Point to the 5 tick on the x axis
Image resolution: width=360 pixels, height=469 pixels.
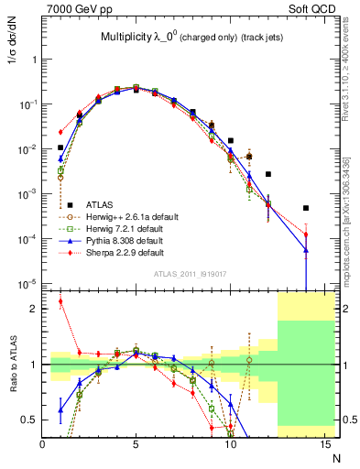click(136, 445)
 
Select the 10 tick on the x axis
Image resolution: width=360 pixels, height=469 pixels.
click(229, 445)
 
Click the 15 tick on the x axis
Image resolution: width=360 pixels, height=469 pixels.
click(322, 445)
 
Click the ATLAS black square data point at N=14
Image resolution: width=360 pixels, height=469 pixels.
click(306, 208)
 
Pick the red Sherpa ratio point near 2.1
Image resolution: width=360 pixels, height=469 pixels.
click(61, 301)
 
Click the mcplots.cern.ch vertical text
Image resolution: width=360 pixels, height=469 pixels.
click(350, 211)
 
